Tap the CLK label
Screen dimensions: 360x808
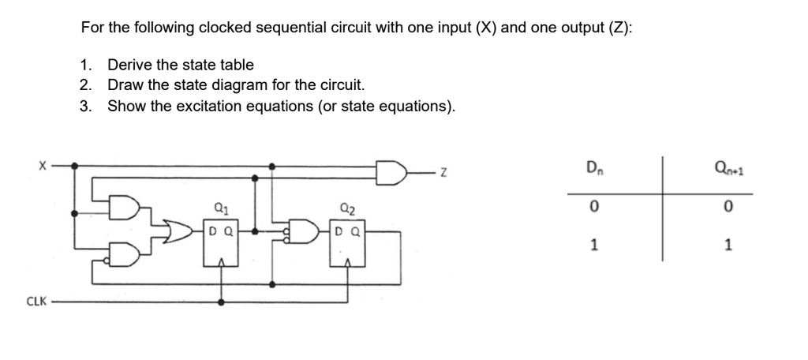click(x=36, y=301)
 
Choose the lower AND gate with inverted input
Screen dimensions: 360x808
click(x=124, y=251)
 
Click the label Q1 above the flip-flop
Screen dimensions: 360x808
click(x=222, y=210)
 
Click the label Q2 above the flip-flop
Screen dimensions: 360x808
click(x=348, y=210)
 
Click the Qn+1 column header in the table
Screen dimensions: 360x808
click(x=727, y=168)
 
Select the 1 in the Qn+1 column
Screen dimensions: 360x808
click(x=727, y=244)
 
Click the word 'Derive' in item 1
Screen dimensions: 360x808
click(x=129, y=65)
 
